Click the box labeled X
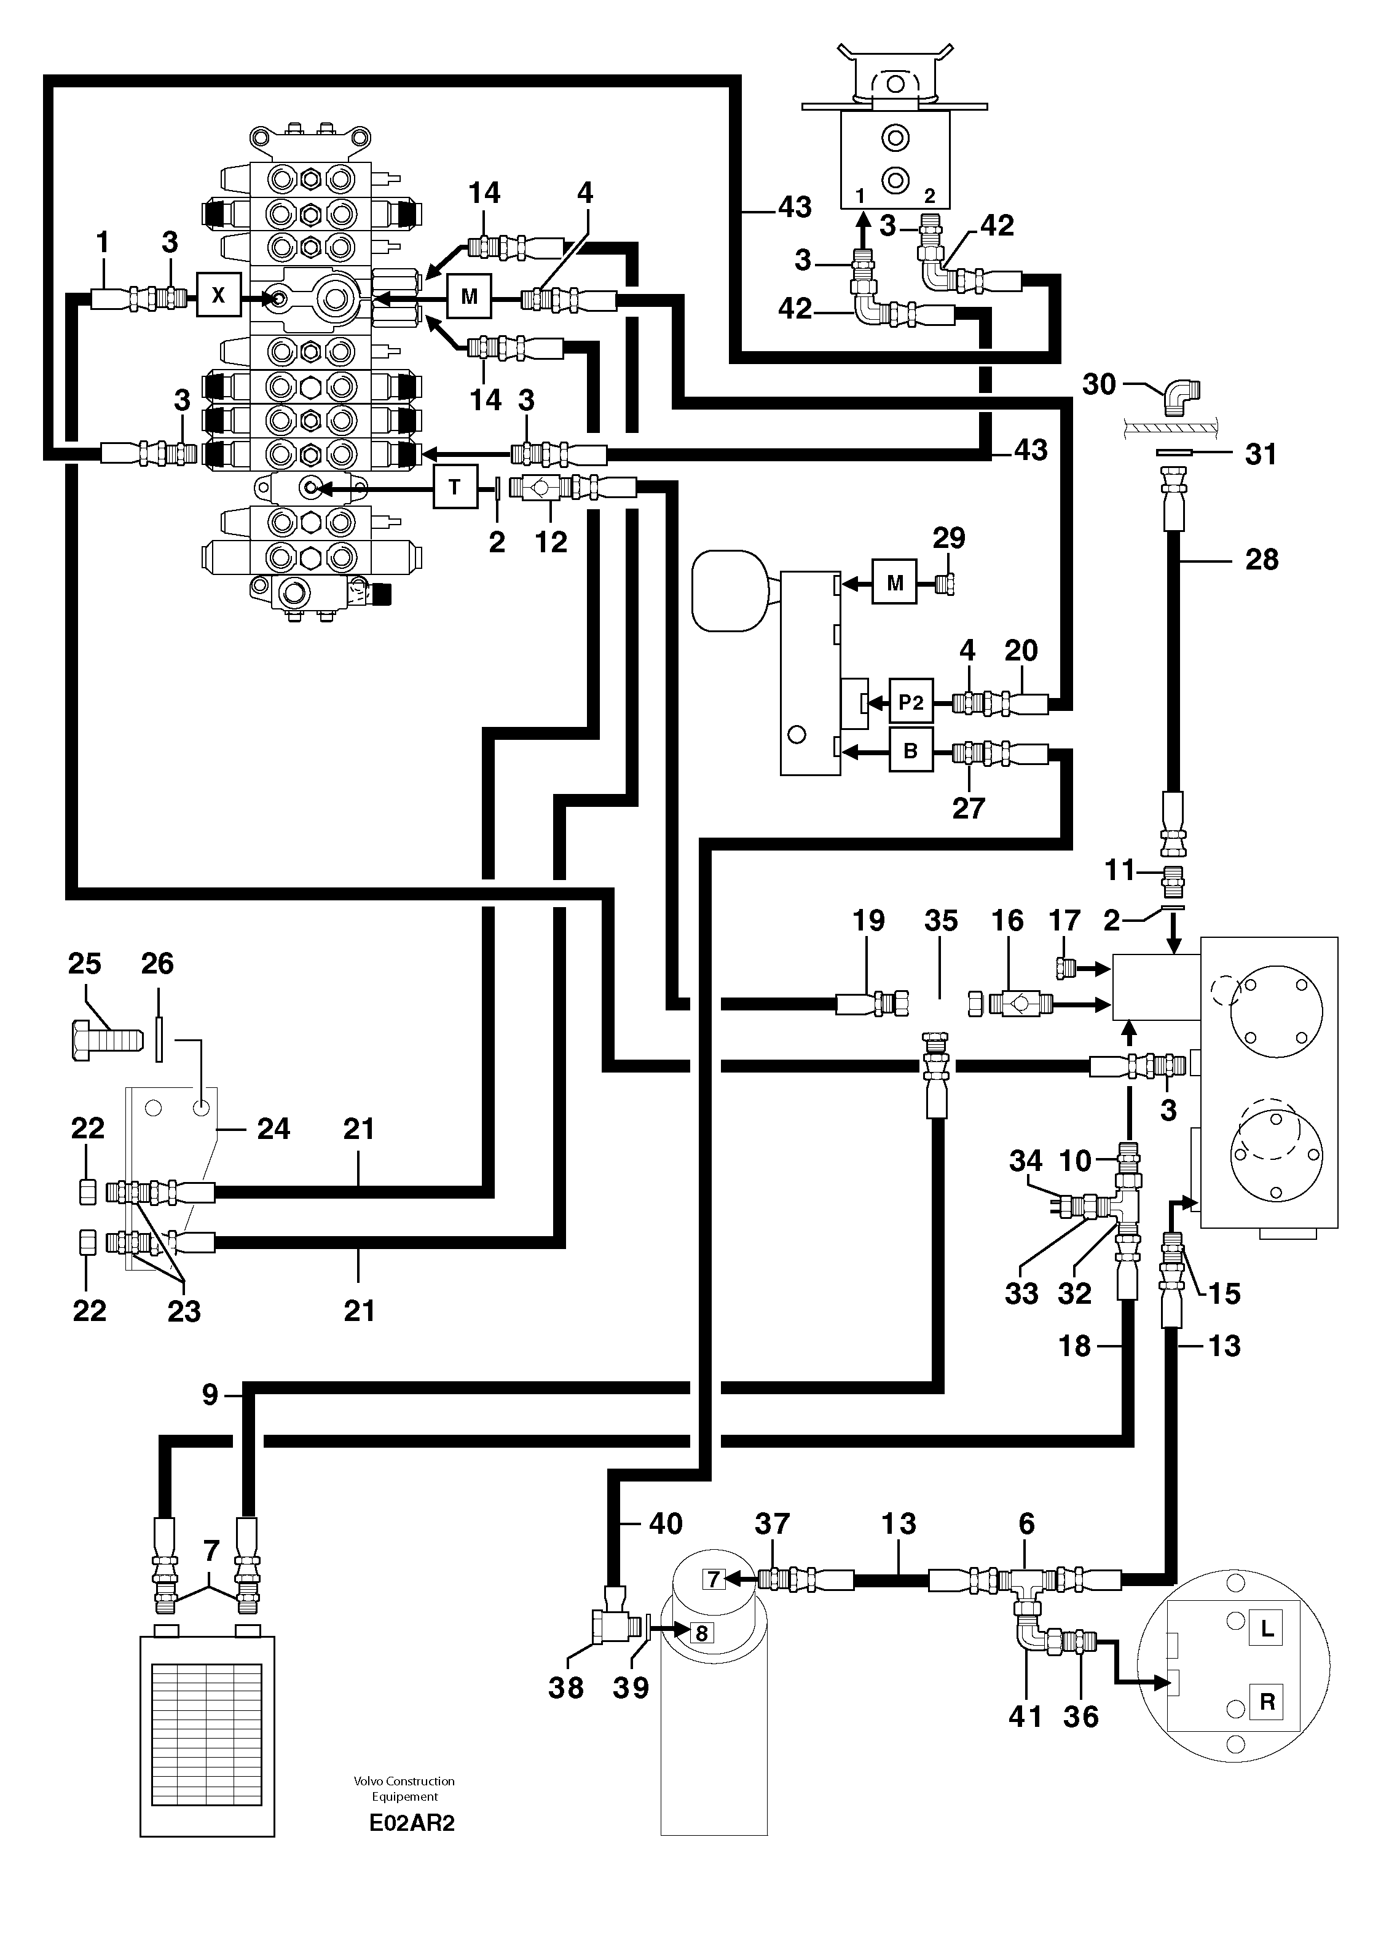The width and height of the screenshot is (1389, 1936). [218, 295]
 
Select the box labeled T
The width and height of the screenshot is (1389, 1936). [455, 488]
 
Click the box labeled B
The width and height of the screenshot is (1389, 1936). [910, 750]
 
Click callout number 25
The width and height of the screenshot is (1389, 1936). [84, 964]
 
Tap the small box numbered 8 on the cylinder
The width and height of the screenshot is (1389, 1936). [701, 1633]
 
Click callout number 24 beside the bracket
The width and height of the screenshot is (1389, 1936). [274, 1129]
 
